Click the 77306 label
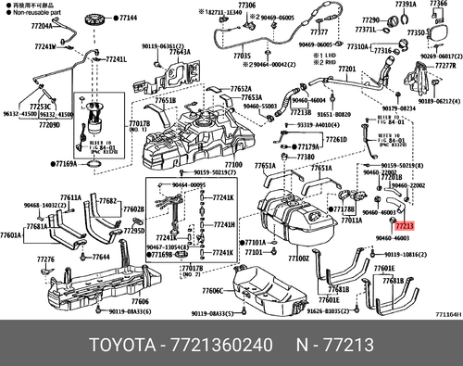click(x=245, y=6)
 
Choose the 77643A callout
click(x=180, y=53)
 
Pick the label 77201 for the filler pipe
click(x=346, y=69)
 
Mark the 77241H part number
click(x=225, y=225)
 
